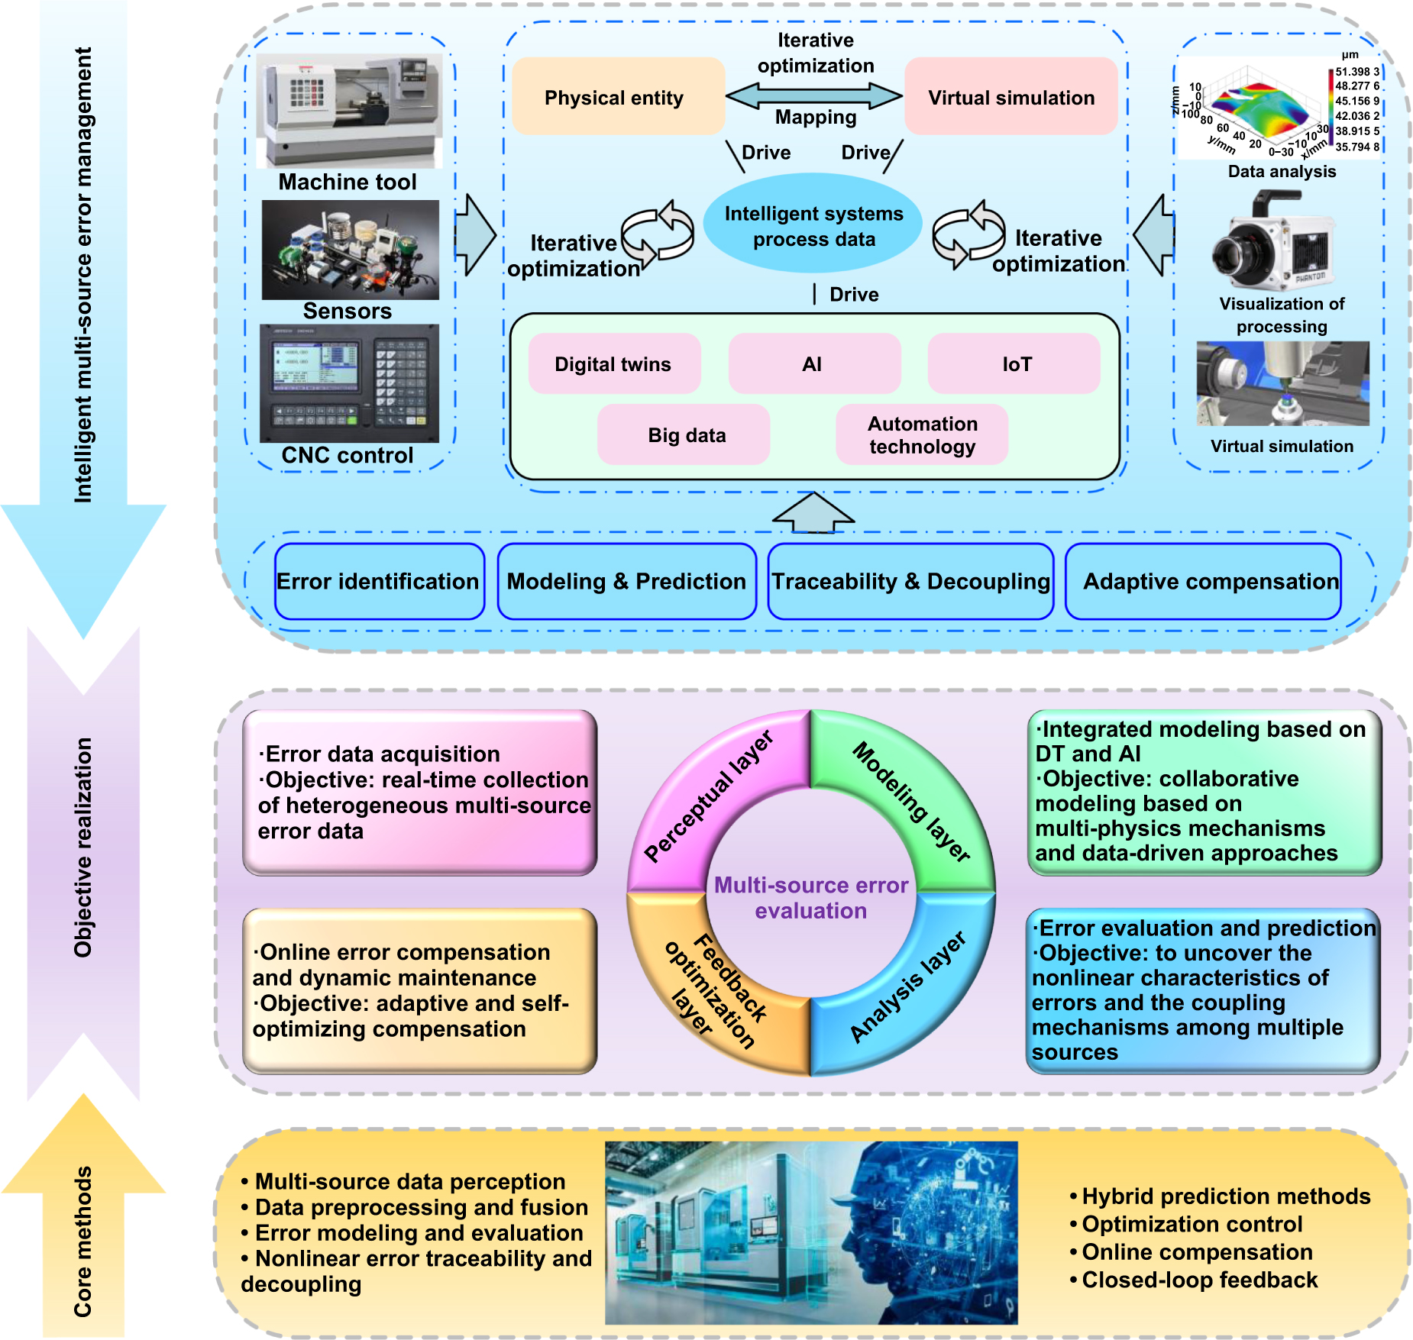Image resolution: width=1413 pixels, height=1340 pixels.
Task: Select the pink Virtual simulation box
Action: [x=1010, y=97]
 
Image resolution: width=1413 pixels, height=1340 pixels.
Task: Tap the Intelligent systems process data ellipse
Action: [x=813, y=225]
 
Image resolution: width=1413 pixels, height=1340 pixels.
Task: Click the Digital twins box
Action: [x=613, y=364]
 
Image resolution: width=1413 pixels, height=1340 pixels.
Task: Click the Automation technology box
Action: [x=922, y=435]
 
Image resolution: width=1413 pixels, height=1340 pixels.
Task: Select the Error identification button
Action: [x=379, y=582]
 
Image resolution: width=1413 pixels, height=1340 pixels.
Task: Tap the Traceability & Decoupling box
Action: [x=910, y=582]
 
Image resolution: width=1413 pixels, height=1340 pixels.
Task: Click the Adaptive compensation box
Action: [x=1203, y=582]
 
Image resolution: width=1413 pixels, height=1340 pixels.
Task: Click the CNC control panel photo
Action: [x=349, y=383]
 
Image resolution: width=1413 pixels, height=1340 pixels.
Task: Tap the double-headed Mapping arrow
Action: [x=814, y=96]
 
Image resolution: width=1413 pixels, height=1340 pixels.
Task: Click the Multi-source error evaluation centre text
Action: [x=811, y=898]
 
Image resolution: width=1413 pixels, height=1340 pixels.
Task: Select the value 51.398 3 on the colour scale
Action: [x=1356, y=72]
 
